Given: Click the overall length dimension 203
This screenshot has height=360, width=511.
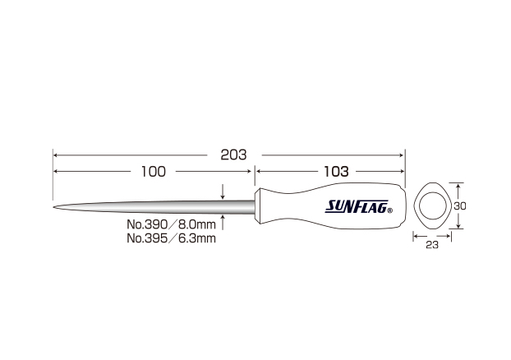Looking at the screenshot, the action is pyautogui.click(x=233, y=155).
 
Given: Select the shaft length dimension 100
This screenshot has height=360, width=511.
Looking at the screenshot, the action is pyautogui.click(x=153, y=172).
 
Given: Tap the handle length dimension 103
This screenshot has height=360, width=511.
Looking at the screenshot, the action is pyautogui.click(x=336, y=172).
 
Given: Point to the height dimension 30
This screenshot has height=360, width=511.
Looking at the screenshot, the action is pyautogui.click(x=460, y=206).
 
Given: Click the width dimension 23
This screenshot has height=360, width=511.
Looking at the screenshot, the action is pyautogui.click(x=432, y=245).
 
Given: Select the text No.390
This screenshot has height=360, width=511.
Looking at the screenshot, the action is pyautogui.click(x=147, y=224).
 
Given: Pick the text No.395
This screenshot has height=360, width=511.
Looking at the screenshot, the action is pyautogui.click(x=147, y=238).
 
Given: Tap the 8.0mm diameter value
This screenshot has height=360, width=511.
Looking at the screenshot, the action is pyautogui.click(x=197, y=224).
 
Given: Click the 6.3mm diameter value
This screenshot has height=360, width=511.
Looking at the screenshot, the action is pyautogui.click(x=197, y=238).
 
